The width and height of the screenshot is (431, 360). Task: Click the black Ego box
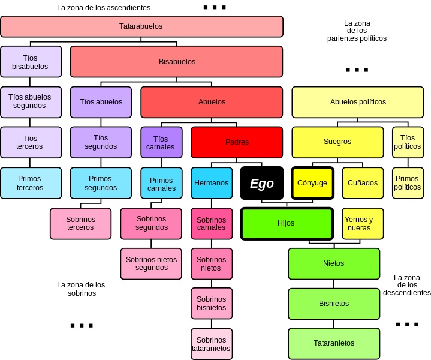[261, 183]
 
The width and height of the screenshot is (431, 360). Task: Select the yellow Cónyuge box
[312, 183]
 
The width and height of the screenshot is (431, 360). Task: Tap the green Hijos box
[287, 223]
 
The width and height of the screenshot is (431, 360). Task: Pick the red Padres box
[237, 142]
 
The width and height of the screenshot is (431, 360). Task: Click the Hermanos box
[211, 183]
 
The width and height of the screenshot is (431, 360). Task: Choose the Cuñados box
[363, 183]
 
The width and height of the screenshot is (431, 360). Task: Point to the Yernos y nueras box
[363, 223]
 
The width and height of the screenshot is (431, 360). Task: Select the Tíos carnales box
[161, 142]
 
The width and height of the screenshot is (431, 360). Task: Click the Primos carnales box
[161, 184]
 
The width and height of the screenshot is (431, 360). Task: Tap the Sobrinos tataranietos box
[211, 344]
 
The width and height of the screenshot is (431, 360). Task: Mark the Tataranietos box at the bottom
[334, 343]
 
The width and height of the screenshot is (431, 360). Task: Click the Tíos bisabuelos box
[31, 62]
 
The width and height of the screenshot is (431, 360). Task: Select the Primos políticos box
[408, 183]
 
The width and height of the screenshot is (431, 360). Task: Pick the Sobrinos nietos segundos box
[151, 263]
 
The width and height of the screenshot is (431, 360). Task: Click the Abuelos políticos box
[358, 102]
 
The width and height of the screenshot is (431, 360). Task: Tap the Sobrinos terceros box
[80, 223]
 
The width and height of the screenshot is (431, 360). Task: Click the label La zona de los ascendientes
[104, 8]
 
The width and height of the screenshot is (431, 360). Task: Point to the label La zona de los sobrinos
[81, 289]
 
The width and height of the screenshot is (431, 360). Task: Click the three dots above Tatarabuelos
[214, 8]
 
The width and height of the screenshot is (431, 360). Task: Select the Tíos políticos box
[408, 142]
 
